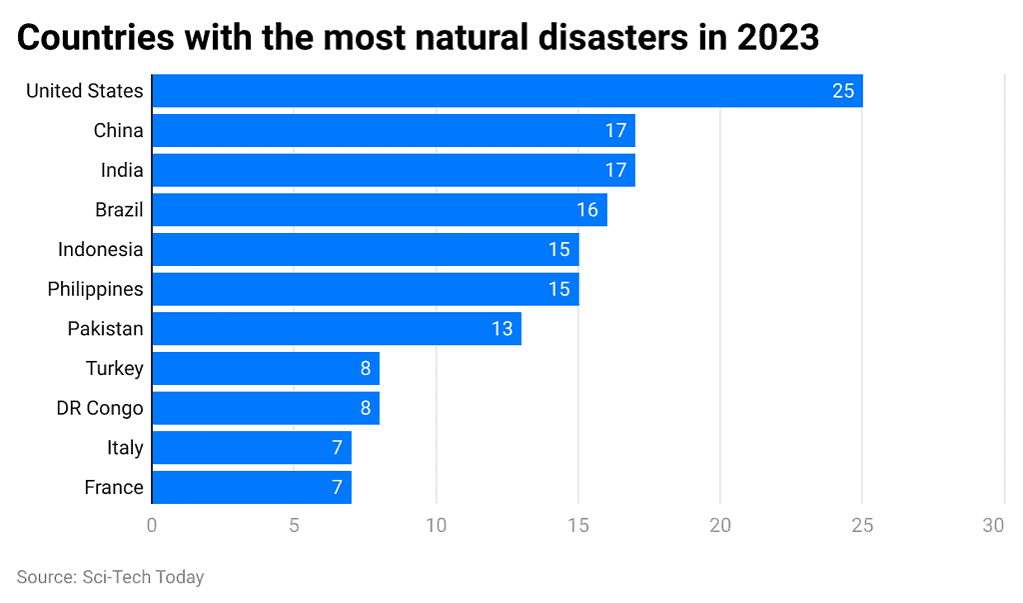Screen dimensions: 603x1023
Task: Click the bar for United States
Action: point(507,91)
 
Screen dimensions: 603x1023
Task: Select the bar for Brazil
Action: point(379,210)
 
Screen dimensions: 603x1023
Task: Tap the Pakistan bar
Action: point(336,329)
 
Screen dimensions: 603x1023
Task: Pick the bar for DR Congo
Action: point(265,408)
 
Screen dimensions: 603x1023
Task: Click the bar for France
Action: point(251,487)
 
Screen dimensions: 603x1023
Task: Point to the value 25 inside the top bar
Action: point(842,91)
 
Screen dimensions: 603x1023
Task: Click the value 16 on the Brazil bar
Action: point(586,210)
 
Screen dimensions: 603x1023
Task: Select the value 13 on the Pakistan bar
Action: point(502,329)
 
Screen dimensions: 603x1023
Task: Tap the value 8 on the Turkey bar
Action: point(366,368)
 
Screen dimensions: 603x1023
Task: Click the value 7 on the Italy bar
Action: point(338,447)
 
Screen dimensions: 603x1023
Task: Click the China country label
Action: point(118,130)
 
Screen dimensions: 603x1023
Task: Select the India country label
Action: point(122,170)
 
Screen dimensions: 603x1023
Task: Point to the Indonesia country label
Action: point(100,249)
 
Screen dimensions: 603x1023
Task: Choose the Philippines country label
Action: point(95,289)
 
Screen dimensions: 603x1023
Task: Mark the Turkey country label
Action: point(114,368)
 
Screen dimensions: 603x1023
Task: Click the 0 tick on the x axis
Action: point(152,525)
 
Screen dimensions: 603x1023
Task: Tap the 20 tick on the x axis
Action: point(720,525)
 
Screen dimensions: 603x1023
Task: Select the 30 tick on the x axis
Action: point(993,525)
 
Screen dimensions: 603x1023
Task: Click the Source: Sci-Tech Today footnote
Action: point(110,577)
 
